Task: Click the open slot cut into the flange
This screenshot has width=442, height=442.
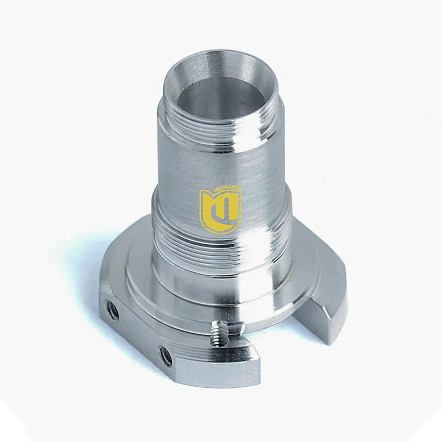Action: (x=276, y=326)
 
